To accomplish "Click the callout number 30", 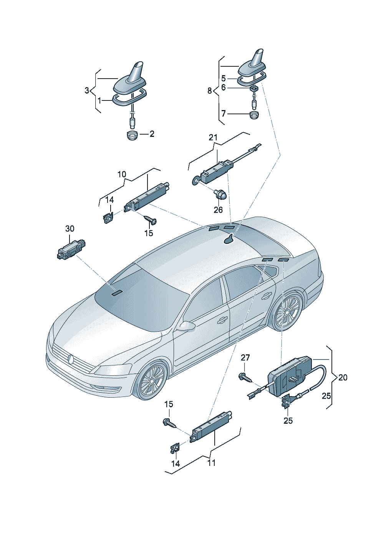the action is click(x=70, y=229).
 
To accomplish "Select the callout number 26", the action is click(x=218, y=210).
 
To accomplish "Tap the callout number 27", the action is click(x=245, y=358).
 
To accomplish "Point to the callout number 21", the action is click(x=213, y=137).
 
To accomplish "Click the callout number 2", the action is click(x=152, y=134).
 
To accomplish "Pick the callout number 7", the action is click(x=224, y=114).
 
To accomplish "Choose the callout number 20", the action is click(x=343, y=377).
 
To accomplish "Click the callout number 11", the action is click(x=212, y=463).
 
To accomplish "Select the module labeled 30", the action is click(x=70, y=249).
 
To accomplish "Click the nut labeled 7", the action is click(x=254, y=115).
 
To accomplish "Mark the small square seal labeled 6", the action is click(x=254, y=89).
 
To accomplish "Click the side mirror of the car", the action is click(x=187, y=326).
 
